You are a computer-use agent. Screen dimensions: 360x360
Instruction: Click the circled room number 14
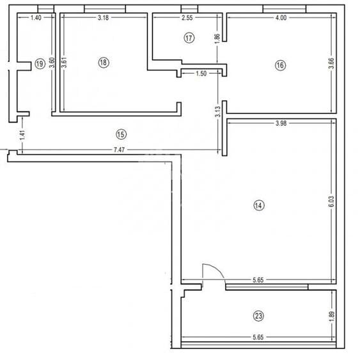click(x=258, y=205)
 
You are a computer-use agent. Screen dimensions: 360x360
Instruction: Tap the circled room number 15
click(x=121, y=134)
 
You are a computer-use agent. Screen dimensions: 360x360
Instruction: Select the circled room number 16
click(x=279, y=64)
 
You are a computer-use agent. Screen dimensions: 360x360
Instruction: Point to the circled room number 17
click(x=188, y=38)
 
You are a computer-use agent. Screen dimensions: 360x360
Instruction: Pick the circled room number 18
click(x=104, y=62)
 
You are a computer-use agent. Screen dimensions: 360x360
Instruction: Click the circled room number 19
click(x=40, y=63)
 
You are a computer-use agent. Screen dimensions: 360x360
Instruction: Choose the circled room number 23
click(x=258, y=316)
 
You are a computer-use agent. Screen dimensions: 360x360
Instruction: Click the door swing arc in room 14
click(x=215, y=270)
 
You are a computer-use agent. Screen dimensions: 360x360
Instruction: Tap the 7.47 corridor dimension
click(x=119, y=149)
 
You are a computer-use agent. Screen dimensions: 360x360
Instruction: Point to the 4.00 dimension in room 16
click(x=281, y=18)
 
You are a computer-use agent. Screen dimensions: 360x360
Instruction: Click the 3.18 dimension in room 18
click(x=103, y=18)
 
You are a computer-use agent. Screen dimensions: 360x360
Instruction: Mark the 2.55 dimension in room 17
click(x=187, y=18)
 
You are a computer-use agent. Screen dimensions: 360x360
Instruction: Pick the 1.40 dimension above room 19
click(x=36, y=18)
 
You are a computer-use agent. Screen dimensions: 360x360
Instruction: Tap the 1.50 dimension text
click(x=200, y=74)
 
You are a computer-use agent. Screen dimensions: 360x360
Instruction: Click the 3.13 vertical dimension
click(x=218, y=112)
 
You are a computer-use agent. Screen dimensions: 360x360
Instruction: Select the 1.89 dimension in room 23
click(x=331, y=315)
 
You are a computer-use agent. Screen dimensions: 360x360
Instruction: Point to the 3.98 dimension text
click(x=281, y=123)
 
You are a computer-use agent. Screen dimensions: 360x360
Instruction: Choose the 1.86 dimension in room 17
click(x=217, y=38)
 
